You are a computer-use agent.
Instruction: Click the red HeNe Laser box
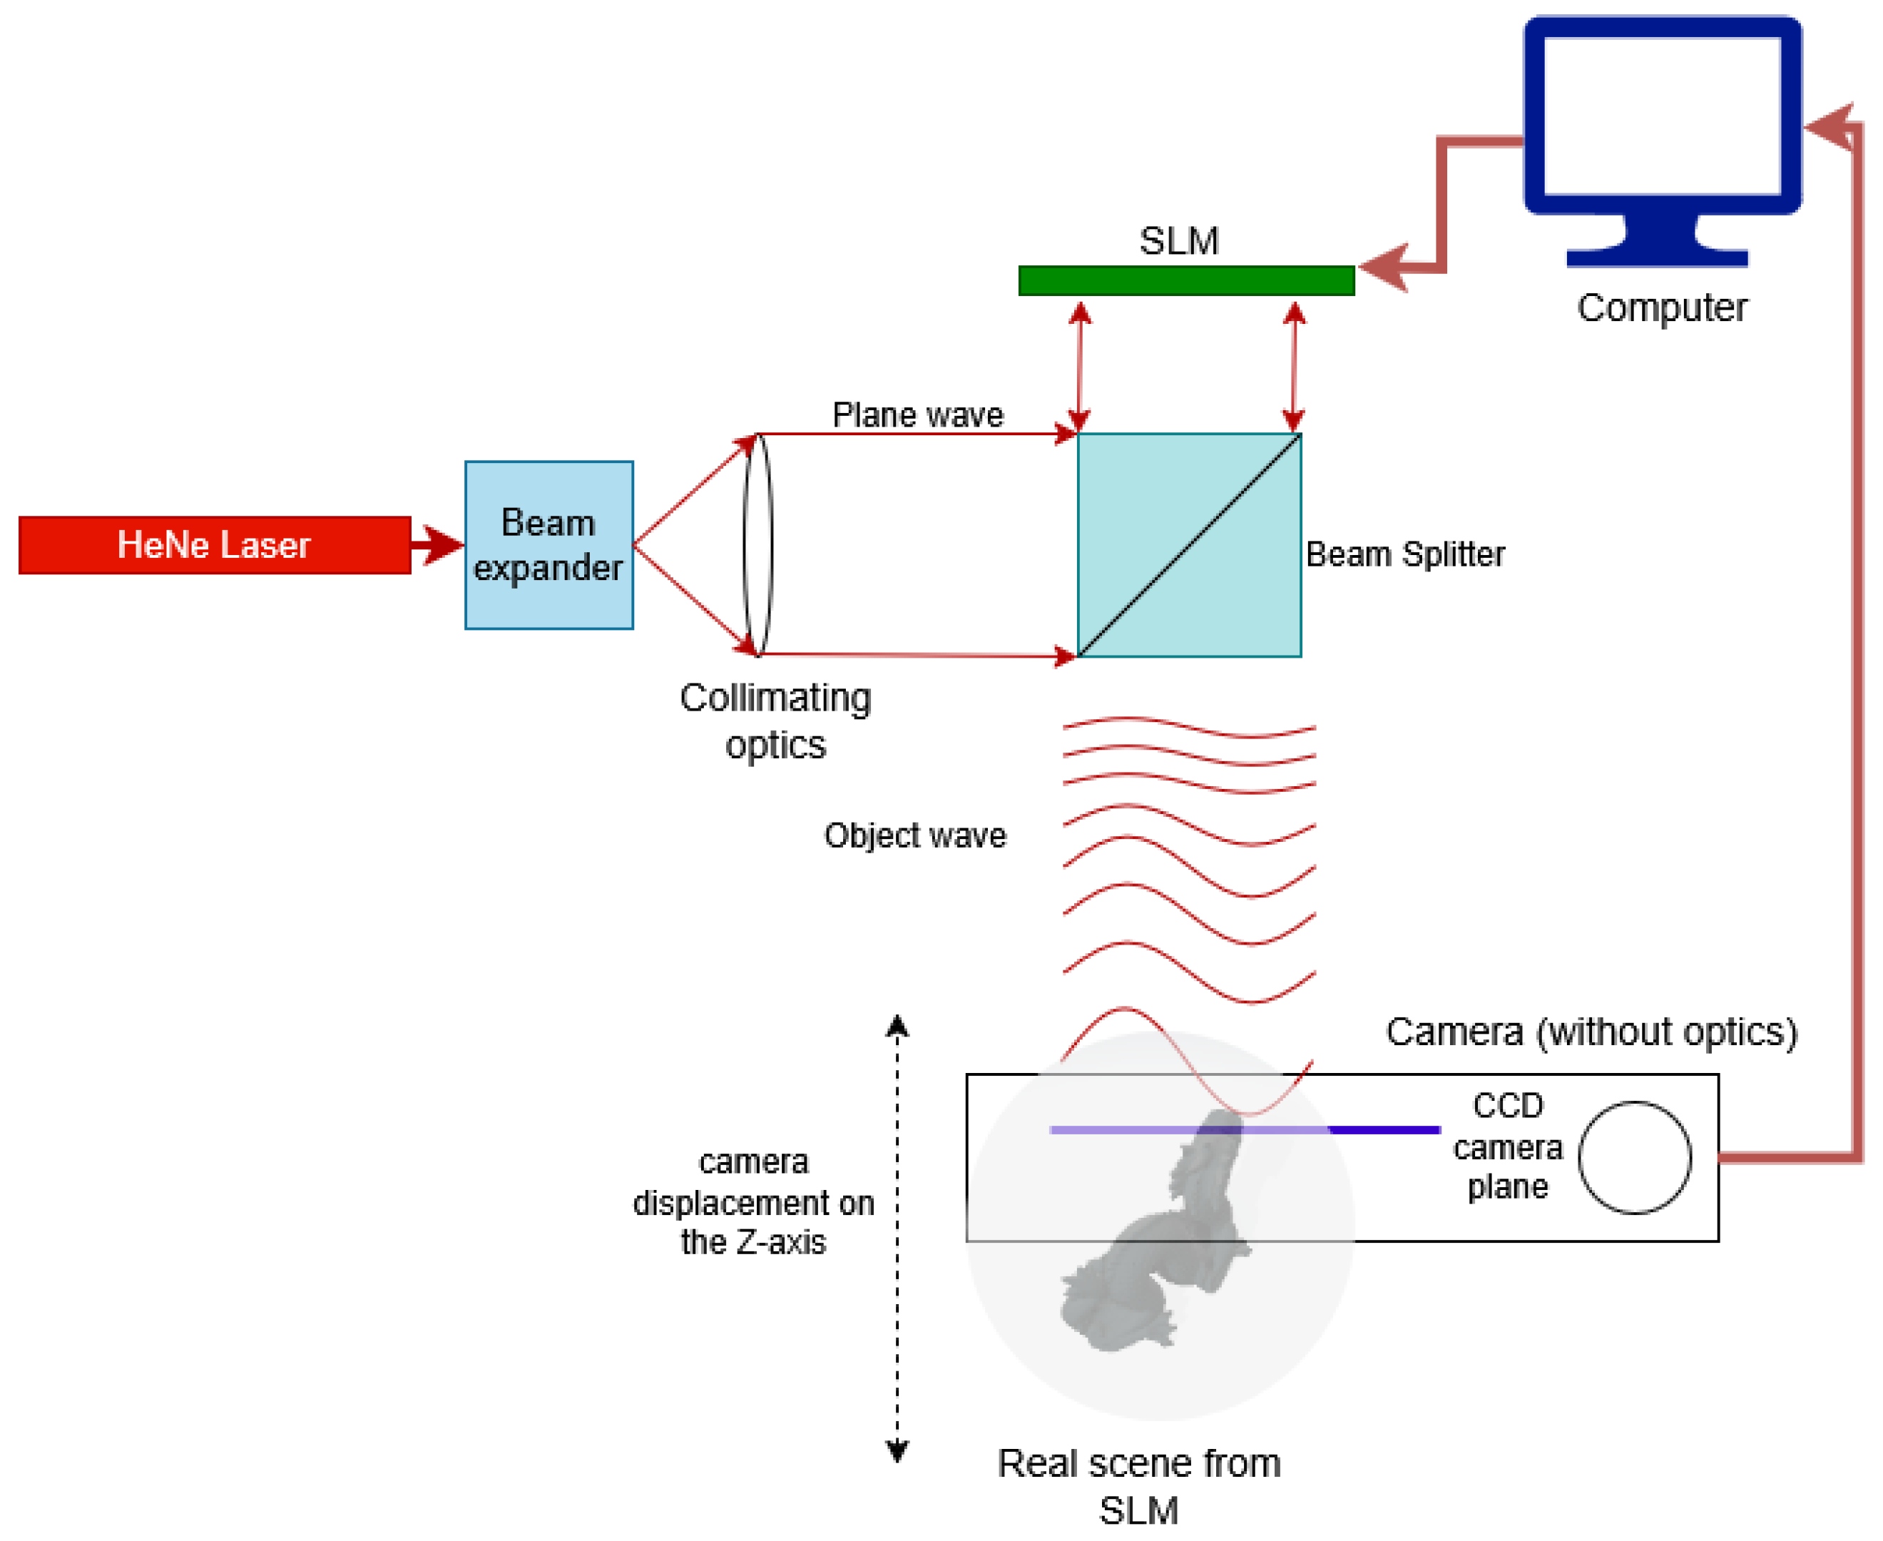(x=214, y=545)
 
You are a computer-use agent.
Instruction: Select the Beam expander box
(x=548, y=545)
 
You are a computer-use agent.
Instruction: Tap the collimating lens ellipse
(x=757, y=545)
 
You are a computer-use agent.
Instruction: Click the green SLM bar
(x=1185, y=280)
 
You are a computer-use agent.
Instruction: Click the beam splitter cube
(x=1188, y=545)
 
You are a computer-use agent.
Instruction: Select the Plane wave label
(x=917, y=415)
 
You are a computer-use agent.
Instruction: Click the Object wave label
(x=915, y=835)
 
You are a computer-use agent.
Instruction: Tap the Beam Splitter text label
(x=1404, y=554)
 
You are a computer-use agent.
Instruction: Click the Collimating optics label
(x=775, y=721)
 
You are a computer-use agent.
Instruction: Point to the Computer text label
(x=1661, y=308)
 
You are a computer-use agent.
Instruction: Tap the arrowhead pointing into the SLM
(x=1384, y=266)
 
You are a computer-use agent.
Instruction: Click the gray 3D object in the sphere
(x=1163, y=1243)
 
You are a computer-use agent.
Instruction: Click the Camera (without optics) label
(x=1591, y=1032)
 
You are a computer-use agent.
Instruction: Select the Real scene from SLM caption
(x=1138, y=1487)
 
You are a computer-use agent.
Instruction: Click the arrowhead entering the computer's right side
(x=1830, y=127)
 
